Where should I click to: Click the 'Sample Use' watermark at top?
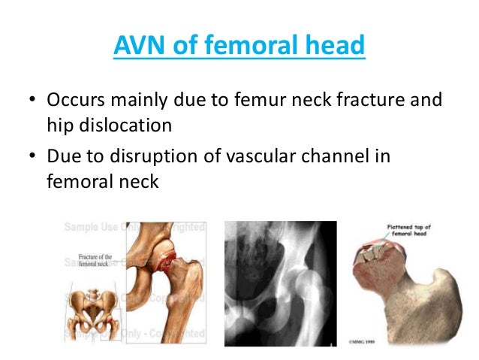point(94,226)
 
